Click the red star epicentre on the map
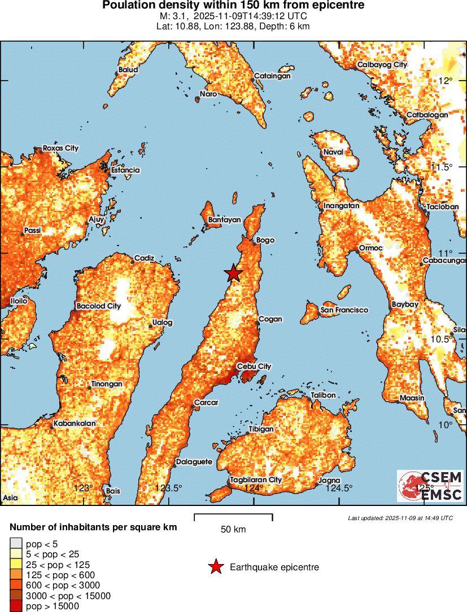[x=233, y=273]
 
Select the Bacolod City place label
[x=99, y=306]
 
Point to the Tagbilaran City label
[x=255, y=480]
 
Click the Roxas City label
[x=61, y=148]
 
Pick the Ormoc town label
[x=370, y=248]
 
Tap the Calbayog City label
[x=382, y=65]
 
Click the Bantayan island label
[x=224, y=220]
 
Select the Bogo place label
[x=265, y=240]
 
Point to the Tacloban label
[x=443, y=207]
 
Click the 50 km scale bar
[x=233, y=517]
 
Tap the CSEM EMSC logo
[x=430, y=486]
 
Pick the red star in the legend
[x=215, y=567]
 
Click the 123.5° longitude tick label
[x=169, y=488]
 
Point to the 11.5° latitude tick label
[x=442, y=168]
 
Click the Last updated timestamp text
[x=400, y=518]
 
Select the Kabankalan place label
[x=75, y=424]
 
